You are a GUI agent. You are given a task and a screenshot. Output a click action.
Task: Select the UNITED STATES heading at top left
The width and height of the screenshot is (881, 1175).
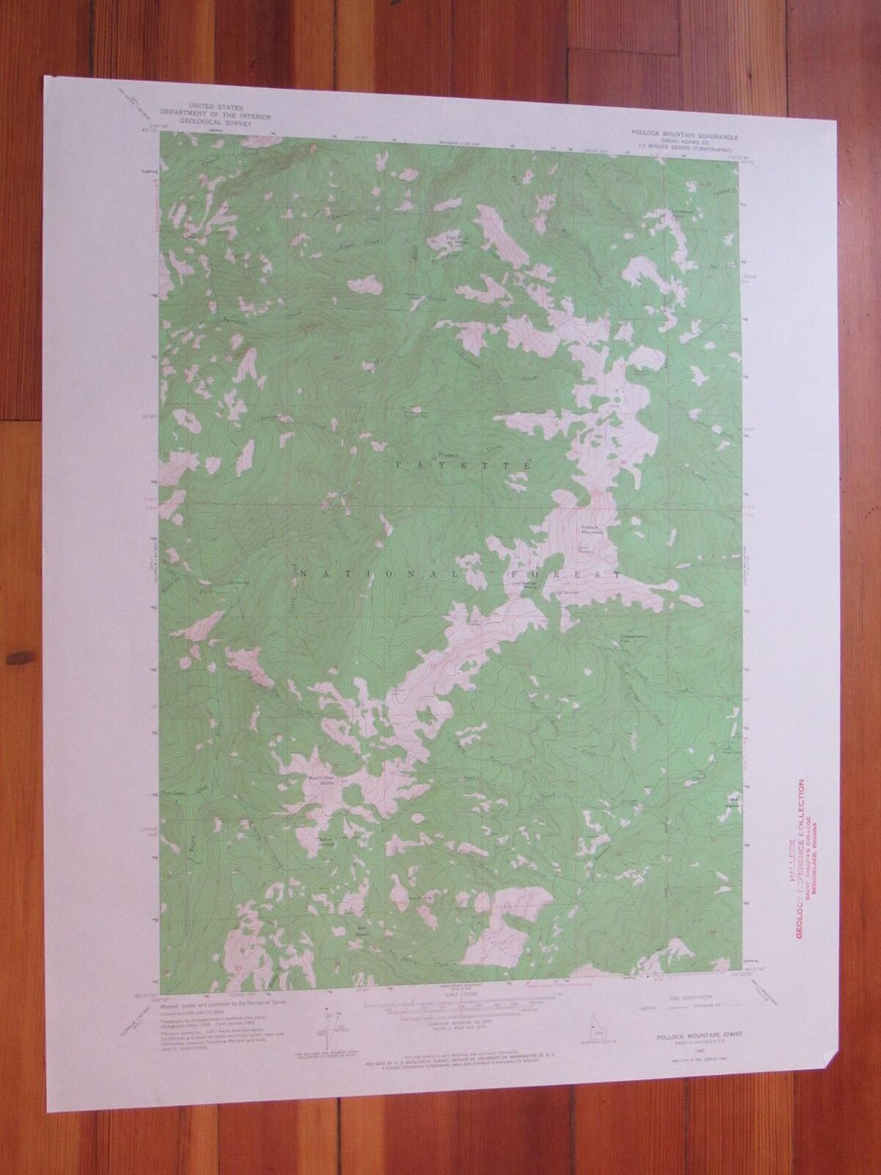[209, 107]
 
